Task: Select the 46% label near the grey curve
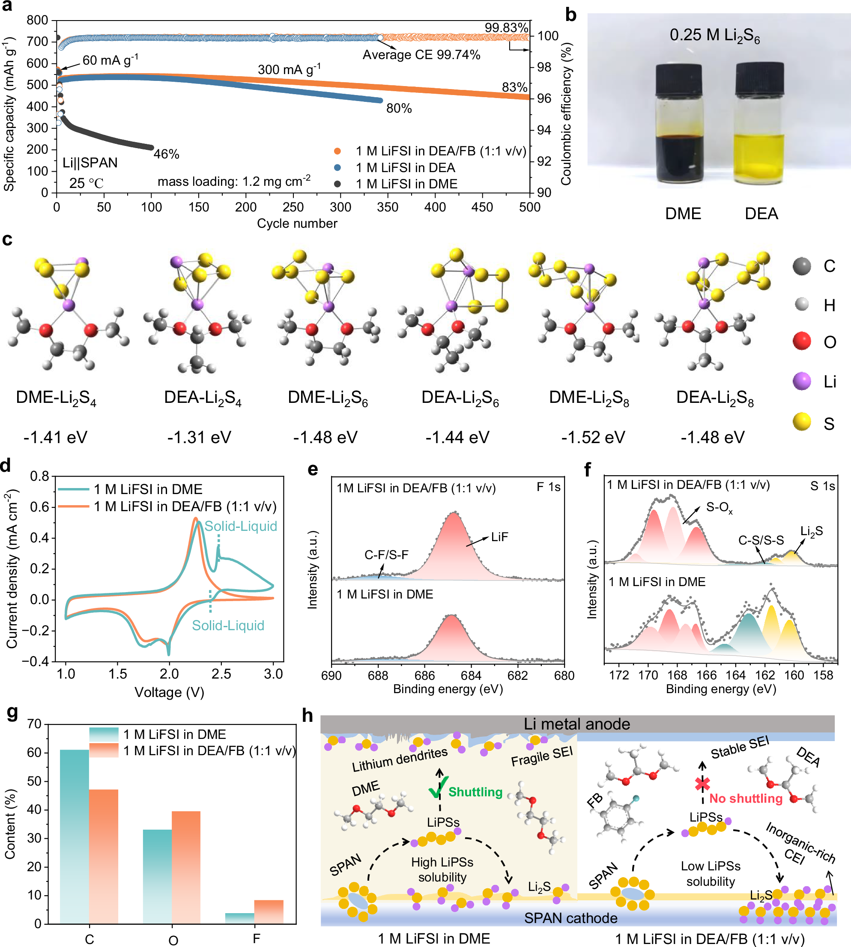[x=167, y=154]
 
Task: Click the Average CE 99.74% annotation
[x=421, y=55]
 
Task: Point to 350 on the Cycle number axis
[x=388, y=207]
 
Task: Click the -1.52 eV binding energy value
[x=593, y=438]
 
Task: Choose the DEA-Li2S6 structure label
[x=460, y=398]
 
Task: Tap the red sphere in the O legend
[x=802, y=341]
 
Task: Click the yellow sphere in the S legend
[x=802, y=422]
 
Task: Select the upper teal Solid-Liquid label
[x=241, y=526]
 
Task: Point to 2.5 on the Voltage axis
[x=221, y=674]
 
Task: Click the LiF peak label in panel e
[x=499, y=537]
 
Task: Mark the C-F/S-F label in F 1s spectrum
[x=386, y=555]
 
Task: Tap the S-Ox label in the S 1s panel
[x=719, y=508]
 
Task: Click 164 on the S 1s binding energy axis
[x=736, y=676]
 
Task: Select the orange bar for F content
[x=269, y=911]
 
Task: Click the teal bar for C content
[x=75, y=837]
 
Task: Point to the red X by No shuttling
[x=702, y=784]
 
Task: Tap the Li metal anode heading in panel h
[x=576, y=724]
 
